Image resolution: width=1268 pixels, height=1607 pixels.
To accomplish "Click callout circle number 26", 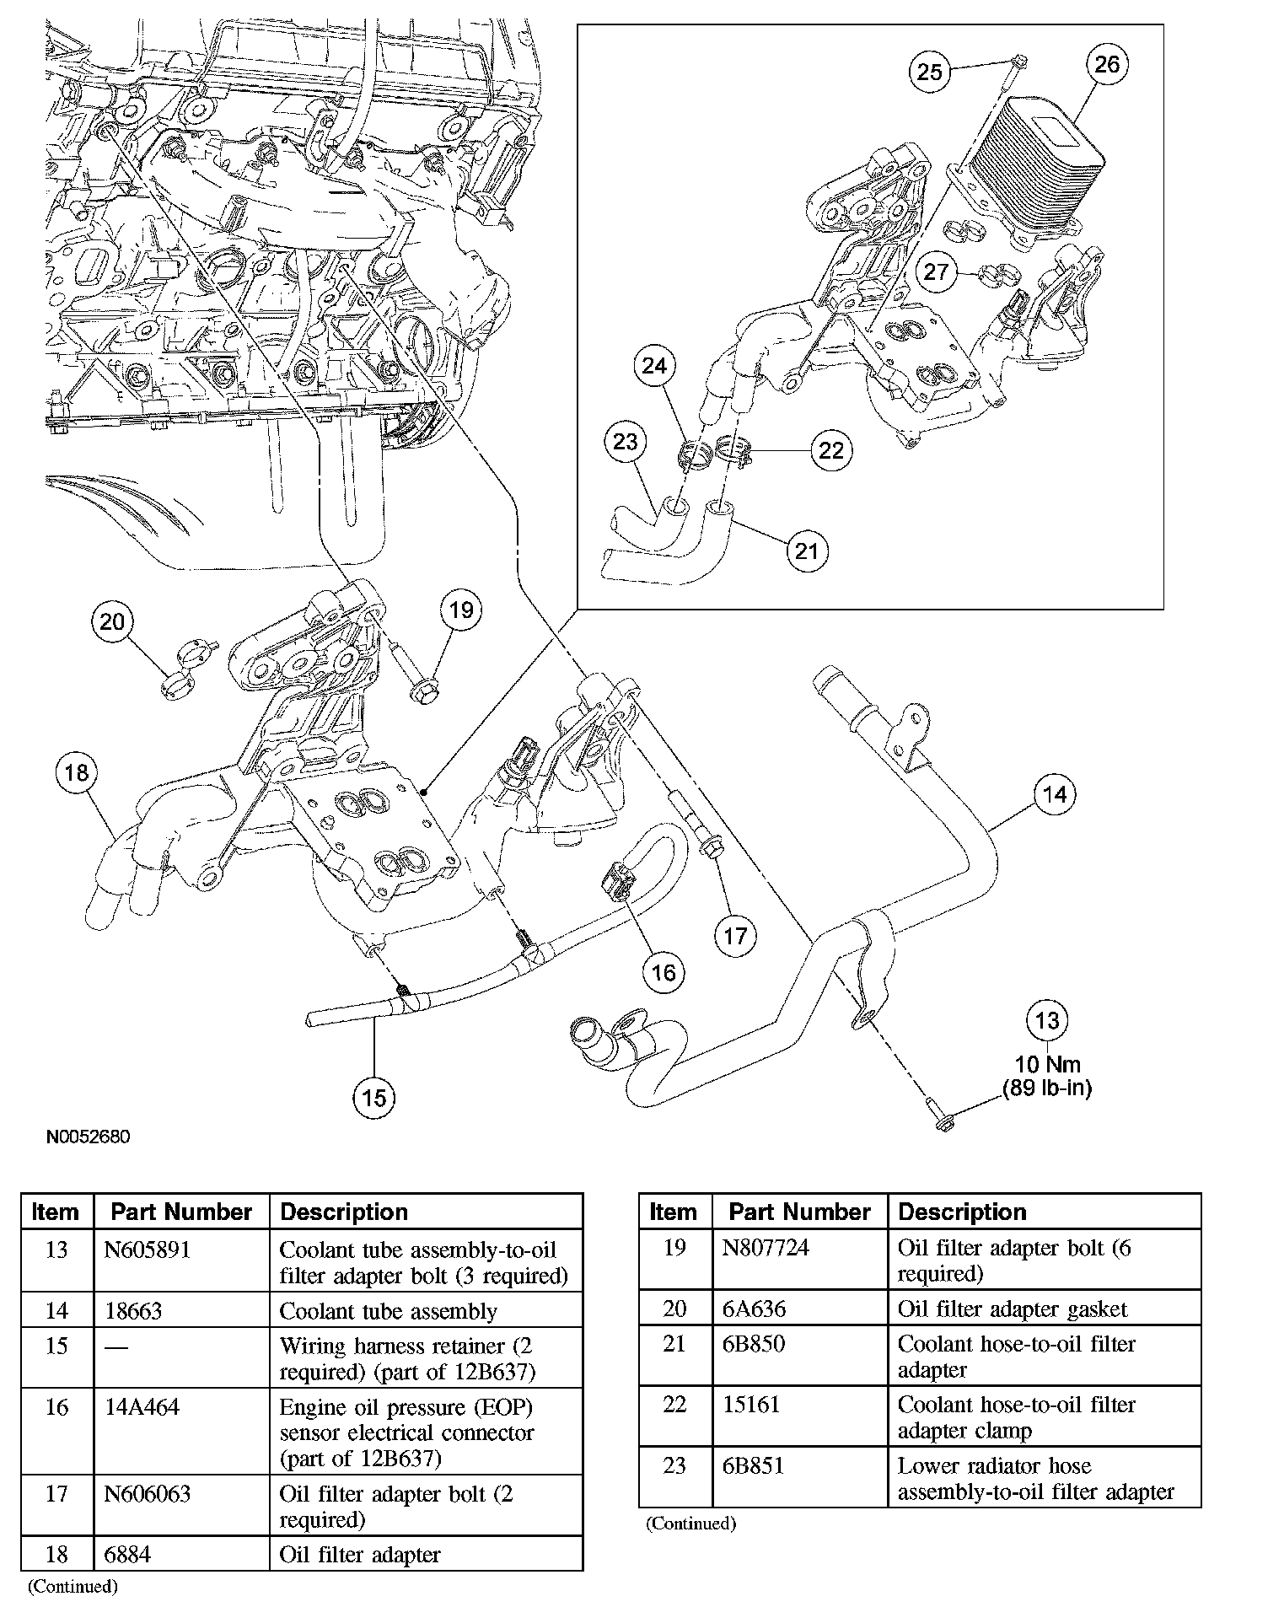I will click(1106, 64).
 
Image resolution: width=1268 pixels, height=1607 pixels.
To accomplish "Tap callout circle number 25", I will click(929, 72).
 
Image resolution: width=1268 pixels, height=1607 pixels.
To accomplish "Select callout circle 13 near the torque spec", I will click(1046, 1021).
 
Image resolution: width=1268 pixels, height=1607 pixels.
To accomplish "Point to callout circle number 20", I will click(112, 622).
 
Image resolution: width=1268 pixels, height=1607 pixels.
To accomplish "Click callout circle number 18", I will click(77, 773).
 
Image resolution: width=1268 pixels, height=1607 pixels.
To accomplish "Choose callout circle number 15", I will click(373, 1097).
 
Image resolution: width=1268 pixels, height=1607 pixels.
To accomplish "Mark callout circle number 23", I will click(625, 442).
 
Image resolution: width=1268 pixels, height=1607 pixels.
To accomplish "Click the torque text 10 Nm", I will click(1047, 1065).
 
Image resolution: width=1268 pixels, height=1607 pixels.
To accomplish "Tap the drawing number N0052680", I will click(89, 1137).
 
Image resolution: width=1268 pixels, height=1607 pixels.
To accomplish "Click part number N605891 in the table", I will click(146, 1250).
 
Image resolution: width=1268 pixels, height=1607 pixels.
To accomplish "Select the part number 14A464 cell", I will click(142, 1407).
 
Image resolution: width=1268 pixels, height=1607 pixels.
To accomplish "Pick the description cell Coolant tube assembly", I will click(388, 1311).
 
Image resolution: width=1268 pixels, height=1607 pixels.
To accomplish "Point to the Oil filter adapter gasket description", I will click(1012, 1309).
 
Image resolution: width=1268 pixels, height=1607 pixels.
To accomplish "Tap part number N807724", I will click(766, 1248).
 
